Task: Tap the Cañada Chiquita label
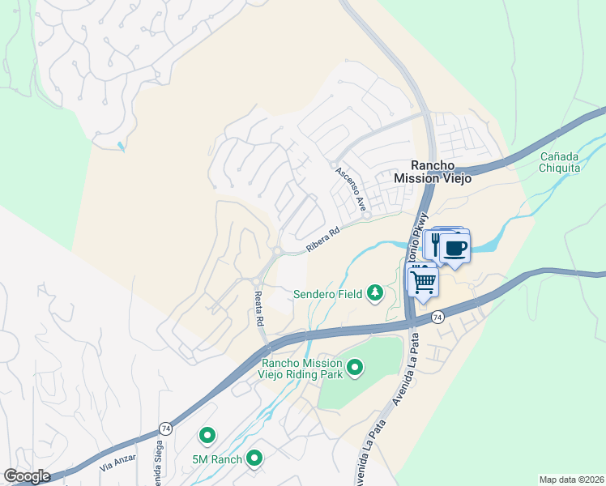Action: coord(561,161)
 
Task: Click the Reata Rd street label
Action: coord(259,309)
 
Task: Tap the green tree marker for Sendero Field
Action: coord(375,292)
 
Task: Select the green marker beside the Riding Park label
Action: coord(354,369)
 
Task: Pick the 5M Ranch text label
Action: coord(217,460)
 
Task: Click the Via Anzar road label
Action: coord(115,464)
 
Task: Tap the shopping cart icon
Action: coord(423,282)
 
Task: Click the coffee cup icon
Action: coord(455,247)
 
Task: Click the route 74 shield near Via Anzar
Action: coord(166,427)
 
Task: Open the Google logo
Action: coord(28,476)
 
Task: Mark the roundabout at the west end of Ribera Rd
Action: coord(278,252)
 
